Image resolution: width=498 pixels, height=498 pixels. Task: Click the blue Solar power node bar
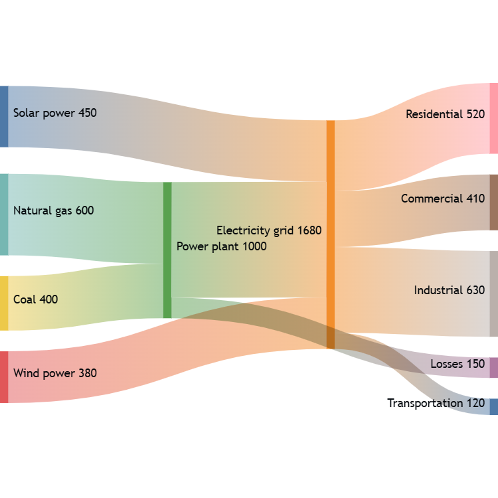(x=4, y=116)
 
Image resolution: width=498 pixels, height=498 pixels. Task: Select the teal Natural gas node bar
(x=4, y=214)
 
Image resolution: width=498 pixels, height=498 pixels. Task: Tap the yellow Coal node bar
(x=4, y=303)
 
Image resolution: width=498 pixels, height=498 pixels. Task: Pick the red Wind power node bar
(x=4, y=376)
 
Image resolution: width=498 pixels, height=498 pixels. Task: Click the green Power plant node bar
(x=167, y=250)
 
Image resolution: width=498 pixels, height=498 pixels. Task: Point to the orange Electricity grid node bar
(x=330, y=234)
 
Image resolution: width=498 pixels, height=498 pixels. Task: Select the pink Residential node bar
(x=493, y=118)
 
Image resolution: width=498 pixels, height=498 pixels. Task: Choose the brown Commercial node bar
(x=493, y=202)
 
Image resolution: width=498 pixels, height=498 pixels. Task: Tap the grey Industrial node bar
(x=493, y=293)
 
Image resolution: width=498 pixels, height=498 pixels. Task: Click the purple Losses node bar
(x=493, y=367)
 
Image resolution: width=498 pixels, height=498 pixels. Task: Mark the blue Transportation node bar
(x=493, y=406)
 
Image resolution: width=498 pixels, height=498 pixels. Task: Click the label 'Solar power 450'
(x=55, y=113)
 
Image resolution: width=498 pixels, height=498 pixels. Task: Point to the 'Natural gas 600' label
(x=54, y=210)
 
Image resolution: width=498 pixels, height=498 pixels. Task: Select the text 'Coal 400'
(x=36, y=299)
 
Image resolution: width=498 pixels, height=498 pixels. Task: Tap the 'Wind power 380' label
(x=55, y=373)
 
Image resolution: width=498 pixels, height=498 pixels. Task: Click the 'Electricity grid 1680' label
(x=269, y=230)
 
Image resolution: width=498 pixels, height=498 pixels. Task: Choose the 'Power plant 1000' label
(x=222, y=246)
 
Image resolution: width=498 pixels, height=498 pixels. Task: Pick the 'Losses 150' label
(x=457, y=364)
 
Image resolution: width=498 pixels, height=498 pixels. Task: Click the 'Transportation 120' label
(x=436, y=403)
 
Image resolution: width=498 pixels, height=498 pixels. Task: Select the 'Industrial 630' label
(x=450, y=290)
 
